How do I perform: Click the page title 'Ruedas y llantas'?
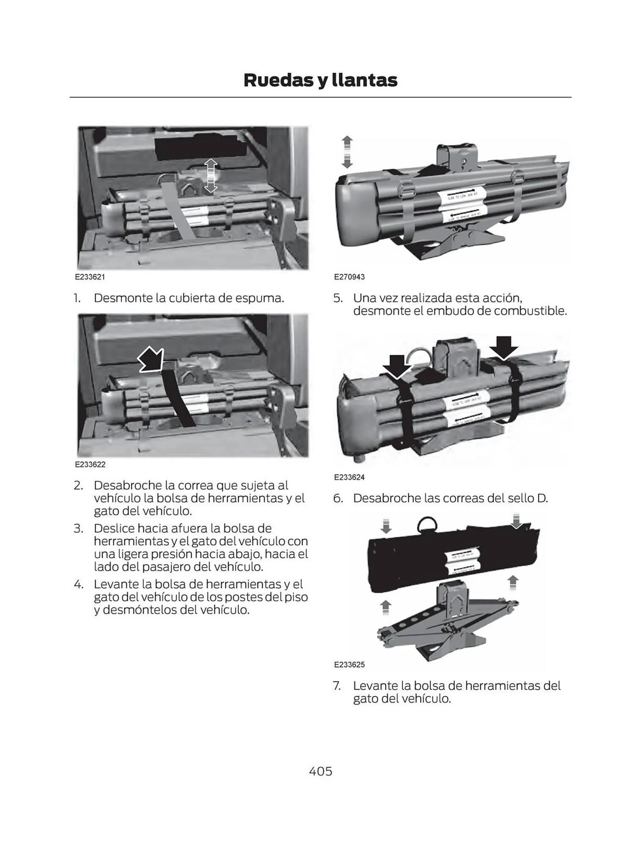coord(320,80)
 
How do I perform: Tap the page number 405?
coord(321,771)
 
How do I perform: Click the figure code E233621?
coord(90,277)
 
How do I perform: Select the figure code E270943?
coord(349,277)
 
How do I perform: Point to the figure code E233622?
coord(90,464)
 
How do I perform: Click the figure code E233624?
coord(349,477)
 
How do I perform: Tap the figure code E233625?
coord(349,665)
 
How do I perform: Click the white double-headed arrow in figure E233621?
coord(211,176)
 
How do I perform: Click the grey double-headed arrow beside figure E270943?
coord(347,152)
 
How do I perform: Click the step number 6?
coord(337,498)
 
